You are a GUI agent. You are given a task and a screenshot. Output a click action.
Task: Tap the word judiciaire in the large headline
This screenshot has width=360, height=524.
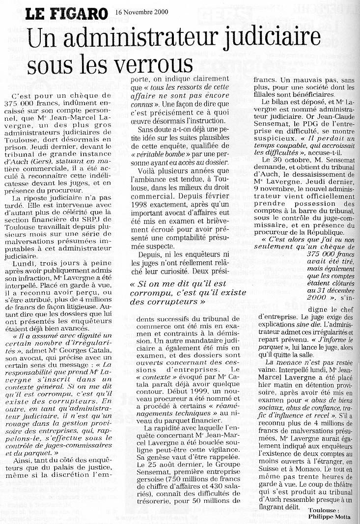point(268,38)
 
